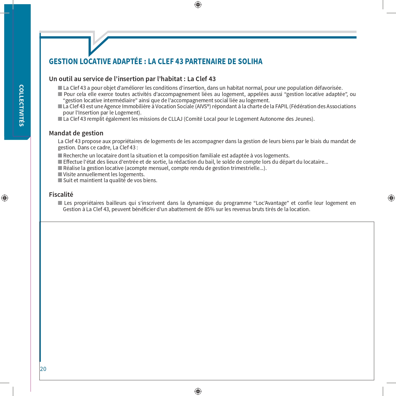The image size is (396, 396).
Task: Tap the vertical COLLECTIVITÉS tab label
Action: (21, 106)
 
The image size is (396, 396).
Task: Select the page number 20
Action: (43, 369)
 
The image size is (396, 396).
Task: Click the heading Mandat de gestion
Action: (76, 133)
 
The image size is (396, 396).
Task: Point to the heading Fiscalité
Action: (61, 194)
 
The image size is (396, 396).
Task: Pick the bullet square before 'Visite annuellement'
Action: (60, 174)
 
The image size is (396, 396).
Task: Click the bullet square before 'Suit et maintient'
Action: (60, 180)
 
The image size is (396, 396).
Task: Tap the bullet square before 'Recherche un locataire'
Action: (60, 156)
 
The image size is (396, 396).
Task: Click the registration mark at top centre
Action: (198, 5)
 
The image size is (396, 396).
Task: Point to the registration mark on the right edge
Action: (391, 198)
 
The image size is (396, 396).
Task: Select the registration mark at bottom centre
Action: (198, 391)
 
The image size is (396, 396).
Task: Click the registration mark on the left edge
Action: (5, 198)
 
